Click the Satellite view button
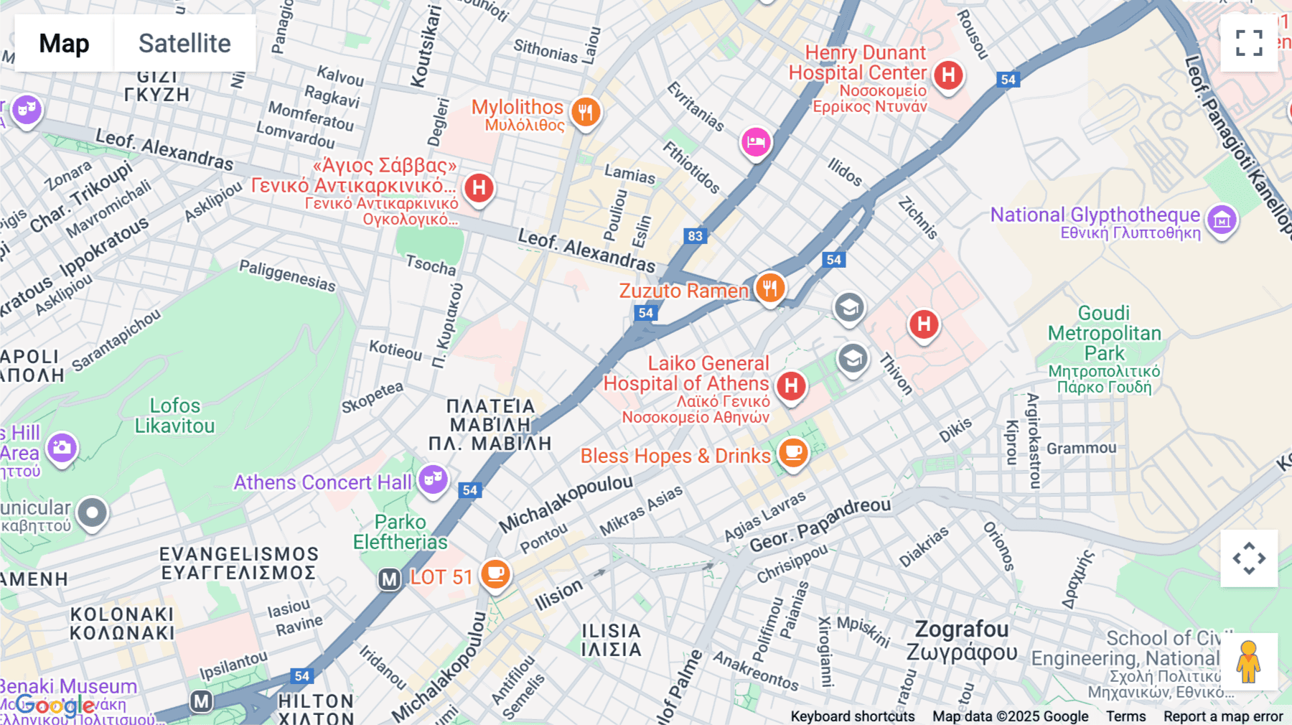point(184,43)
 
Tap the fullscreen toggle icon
point(1249,43)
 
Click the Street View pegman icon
point(1249,662)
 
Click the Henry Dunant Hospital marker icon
point(948,75)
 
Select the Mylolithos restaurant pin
point(586,112)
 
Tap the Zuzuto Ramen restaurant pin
point(769,288)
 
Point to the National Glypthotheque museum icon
point(1222,220)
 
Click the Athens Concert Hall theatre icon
point(433,479)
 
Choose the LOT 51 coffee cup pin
point(495,574)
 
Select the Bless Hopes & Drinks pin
point(793,452)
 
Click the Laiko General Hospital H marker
point(791,386)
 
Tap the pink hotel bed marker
point(755,141)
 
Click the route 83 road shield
point(695,236)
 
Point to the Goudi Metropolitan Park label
point(1104,334)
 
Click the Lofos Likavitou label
point(174,416)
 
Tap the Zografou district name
point(962,630)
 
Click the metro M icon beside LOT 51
point(389,579)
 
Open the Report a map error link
point(1222,716)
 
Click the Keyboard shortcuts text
point(852,716)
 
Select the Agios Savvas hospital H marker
point(479,189)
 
